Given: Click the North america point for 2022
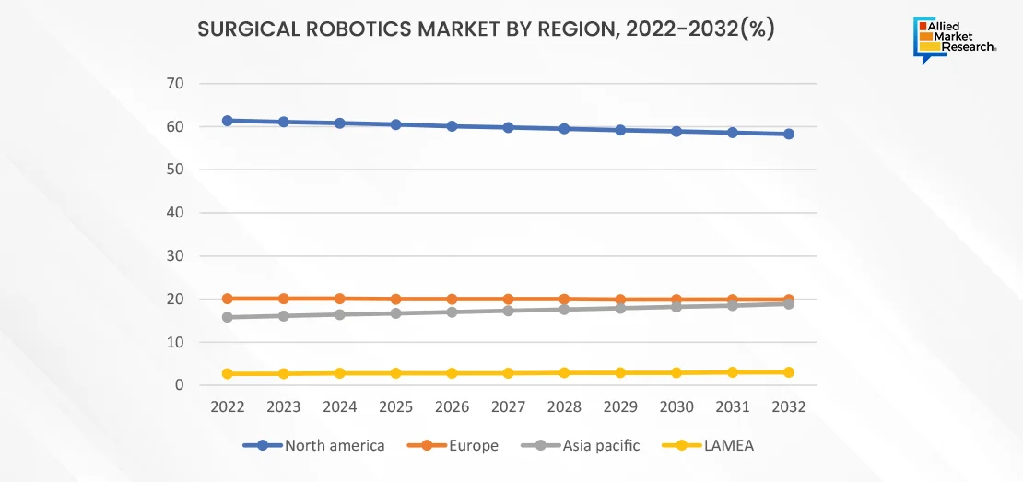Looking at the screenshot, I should tap(227, 121).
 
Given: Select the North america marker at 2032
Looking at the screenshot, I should tap(789, 135).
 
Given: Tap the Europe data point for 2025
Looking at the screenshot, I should tap(395, 300).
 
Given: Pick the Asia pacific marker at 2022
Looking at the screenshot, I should tap(227, 317).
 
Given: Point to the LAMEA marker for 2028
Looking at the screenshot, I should tap(564, 373).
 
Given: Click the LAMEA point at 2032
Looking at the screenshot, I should tap(789, 372).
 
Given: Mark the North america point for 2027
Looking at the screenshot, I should tap(508, 127).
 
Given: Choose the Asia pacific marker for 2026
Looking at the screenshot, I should tap(452, 312).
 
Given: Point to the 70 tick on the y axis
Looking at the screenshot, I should tap(175, 84).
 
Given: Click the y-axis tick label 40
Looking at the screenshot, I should tap(175, 213).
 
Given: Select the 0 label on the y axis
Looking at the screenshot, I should tap(180, 385).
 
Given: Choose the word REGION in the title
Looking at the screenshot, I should tap(565, 30).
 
